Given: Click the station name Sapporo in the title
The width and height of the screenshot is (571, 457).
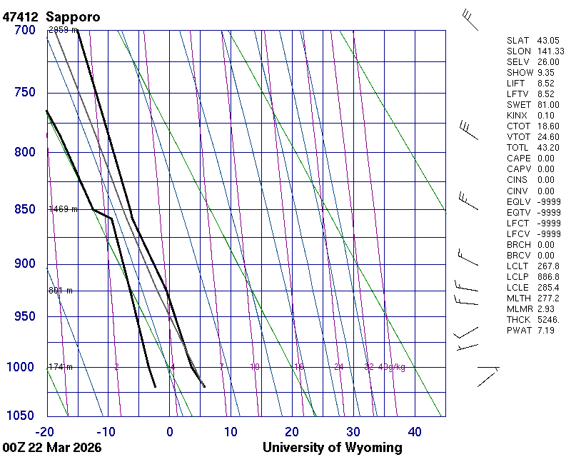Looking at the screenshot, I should [x=73, y=16].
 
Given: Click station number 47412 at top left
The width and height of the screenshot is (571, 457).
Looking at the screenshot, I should [x=21, y=16].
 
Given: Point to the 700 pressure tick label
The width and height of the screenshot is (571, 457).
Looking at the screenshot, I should [x=24, y=31].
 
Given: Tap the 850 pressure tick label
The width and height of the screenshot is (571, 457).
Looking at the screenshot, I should [x=24, y=209].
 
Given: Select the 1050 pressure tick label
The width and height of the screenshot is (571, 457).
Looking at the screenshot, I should [x=21, y=416].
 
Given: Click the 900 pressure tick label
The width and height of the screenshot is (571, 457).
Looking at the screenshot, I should [x=24, y=264].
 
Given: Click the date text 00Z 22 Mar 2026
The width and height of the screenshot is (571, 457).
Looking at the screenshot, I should [x=51, y=448].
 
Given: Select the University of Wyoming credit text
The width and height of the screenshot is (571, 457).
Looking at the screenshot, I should [x=332, y=448].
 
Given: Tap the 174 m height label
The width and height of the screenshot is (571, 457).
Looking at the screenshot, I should [x=61, y=367].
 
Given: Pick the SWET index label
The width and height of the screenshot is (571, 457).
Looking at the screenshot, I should [x=515, y=105].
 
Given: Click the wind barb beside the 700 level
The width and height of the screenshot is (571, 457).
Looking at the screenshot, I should [x=471, y=20].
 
